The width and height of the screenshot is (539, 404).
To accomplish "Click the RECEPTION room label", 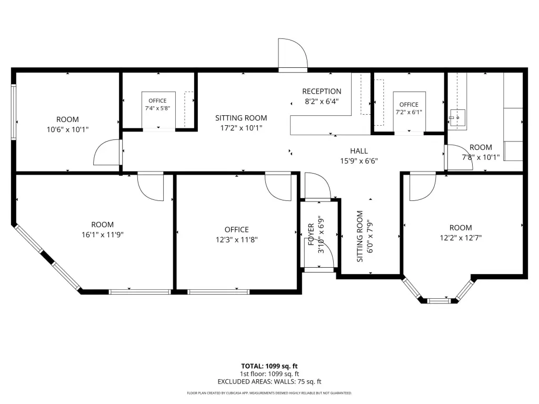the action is pos(322,92).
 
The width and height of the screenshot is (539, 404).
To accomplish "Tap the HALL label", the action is pos(359,151).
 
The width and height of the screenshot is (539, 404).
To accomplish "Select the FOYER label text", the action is pos(311,234).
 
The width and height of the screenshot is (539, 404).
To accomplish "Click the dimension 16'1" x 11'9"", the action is pos(103,235).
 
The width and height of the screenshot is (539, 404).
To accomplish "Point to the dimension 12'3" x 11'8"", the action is pos(236,239).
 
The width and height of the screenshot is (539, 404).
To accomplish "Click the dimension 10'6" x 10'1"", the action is pos(68,129).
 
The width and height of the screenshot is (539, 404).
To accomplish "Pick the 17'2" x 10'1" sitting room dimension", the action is pos(241,128).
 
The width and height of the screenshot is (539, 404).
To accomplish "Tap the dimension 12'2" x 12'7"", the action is pos(461,238).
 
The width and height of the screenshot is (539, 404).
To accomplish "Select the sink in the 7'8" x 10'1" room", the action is pos(457,117).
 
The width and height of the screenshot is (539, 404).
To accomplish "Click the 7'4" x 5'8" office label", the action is pos(157,105).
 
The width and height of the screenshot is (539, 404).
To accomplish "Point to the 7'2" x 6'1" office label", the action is pos(408,108).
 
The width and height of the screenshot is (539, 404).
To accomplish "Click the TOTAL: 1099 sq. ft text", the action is pos(269,366).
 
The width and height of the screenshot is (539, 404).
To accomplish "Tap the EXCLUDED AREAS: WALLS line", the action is pos(269,382).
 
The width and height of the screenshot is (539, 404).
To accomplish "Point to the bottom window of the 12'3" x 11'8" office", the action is pos(218,292).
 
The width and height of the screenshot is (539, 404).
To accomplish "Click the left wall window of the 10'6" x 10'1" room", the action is pos(14,112).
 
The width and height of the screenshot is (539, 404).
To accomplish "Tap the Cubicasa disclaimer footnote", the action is pos(269,393).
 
